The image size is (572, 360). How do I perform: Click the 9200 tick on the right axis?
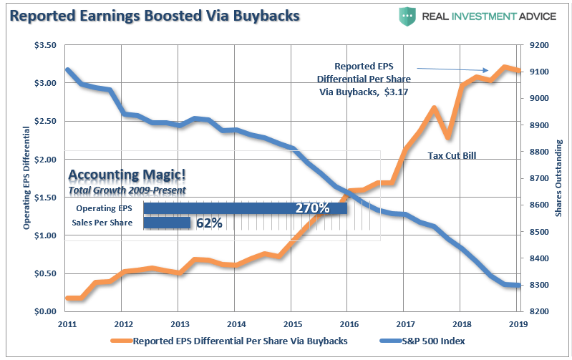pyautogui.click(x=536, y=45)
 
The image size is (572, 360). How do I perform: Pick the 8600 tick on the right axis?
pyautogui.click(x=536, y=205)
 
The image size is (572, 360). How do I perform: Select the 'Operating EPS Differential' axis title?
pyautogui.click(x=26, y=177)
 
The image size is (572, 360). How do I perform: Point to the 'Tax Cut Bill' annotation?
pyautogui.click(x=452, y=155)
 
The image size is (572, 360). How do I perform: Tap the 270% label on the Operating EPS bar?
pyautogui.click(x=313, y=208)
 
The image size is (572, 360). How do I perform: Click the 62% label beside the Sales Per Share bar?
pyautogui.click(x=208, y=223)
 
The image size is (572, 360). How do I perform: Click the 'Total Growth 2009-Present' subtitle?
pyautogui.click(x=127, y=190)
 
